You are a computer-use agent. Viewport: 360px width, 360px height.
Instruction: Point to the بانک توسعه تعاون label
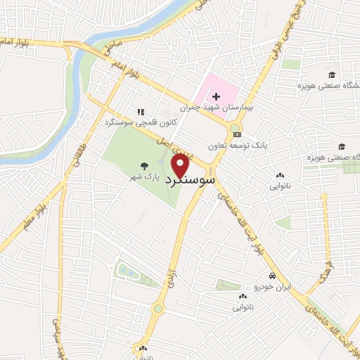point(238,146)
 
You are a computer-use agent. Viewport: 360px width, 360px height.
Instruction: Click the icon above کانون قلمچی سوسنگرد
point(141,112)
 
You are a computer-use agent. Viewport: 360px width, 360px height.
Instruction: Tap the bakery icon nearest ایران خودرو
point(240,297)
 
